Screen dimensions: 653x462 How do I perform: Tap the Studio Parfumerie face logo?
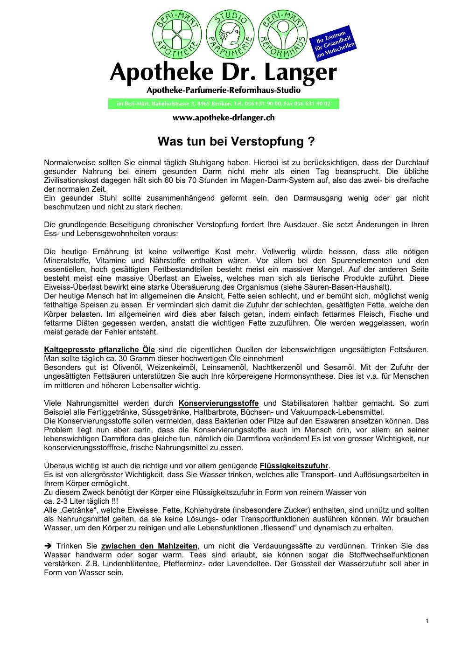click(229, 35)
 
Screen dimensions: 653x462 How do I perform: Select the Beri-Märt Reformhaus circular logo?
click(283, 35)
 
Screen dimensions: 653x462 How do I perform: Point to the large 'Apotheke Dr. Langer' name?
click(223, 73)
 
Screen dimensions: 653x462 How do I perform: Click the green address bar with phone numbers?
click(224, 104)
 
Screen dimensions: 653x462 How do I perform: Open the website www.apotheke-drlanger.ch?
click(224, 118)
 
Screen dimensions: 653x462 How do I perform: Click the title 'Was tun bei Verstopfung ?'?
click(236, 141)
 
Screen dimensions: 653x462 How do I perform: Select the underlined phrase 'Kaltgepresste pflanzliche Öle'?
click(99, 350)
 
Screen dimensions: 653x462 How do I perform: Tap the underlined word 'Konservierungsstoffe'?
click(218, 403)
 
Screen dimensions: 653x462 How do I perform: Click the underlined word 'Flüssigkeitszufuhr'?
click(294, 466)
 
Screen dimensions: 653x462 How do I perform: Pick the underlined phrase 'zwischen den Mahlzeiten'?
click(149, 546)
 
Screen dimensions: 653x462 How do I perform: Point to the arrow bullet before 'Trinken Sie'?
click(48, 546)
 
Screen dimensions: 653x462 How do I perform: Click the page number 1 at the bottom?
click(427, 621)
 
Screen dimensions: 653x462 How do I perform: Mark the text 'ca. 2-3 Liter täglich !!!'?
click(81, 501)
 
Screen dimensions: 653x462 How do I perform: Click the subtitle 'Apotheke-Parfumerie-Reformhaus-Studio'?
click(224, 89)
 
